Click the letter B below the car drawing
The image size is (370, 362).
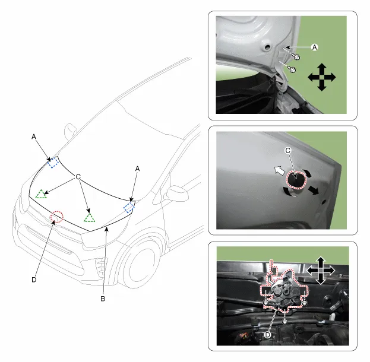click(103, 299)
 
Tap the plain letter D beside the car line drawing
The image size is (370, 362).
click(34, 280)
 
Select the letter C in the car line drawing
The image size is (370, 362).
click(78, 176)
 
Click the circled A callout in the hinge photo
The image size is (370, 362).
click(315, 47)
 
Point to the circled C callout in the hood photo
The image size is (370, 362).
click(288, 151)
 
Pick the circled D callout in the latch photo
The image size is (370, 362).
click(267, 335)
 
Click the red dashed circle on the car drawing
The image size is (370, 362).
click(57, 217)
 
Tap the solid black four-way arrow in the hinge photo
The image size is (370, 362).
click(322, 77)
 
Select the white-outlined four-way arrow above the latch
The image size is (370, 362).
click(321, 271)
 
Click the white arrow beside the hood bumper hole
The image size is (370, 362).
click(280, 170)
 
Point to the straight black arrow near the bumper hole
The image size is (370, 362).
click(312, 189)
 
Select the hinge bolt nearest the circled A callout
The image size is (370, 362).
click(296, 57)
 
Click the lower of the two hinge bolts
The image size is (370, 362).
click(293, 69)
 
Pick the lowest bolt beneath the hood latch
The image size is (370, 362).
click(285, 321)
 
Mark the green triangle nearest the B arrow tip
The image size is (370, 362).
click(89, 218)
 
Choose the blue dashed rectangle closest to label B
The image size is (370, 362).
click(129, 207)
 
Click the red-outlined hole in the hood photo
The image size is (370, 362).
click(296, 180)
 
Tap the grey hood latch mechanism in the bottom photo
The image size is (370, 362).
click(284, 293)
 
